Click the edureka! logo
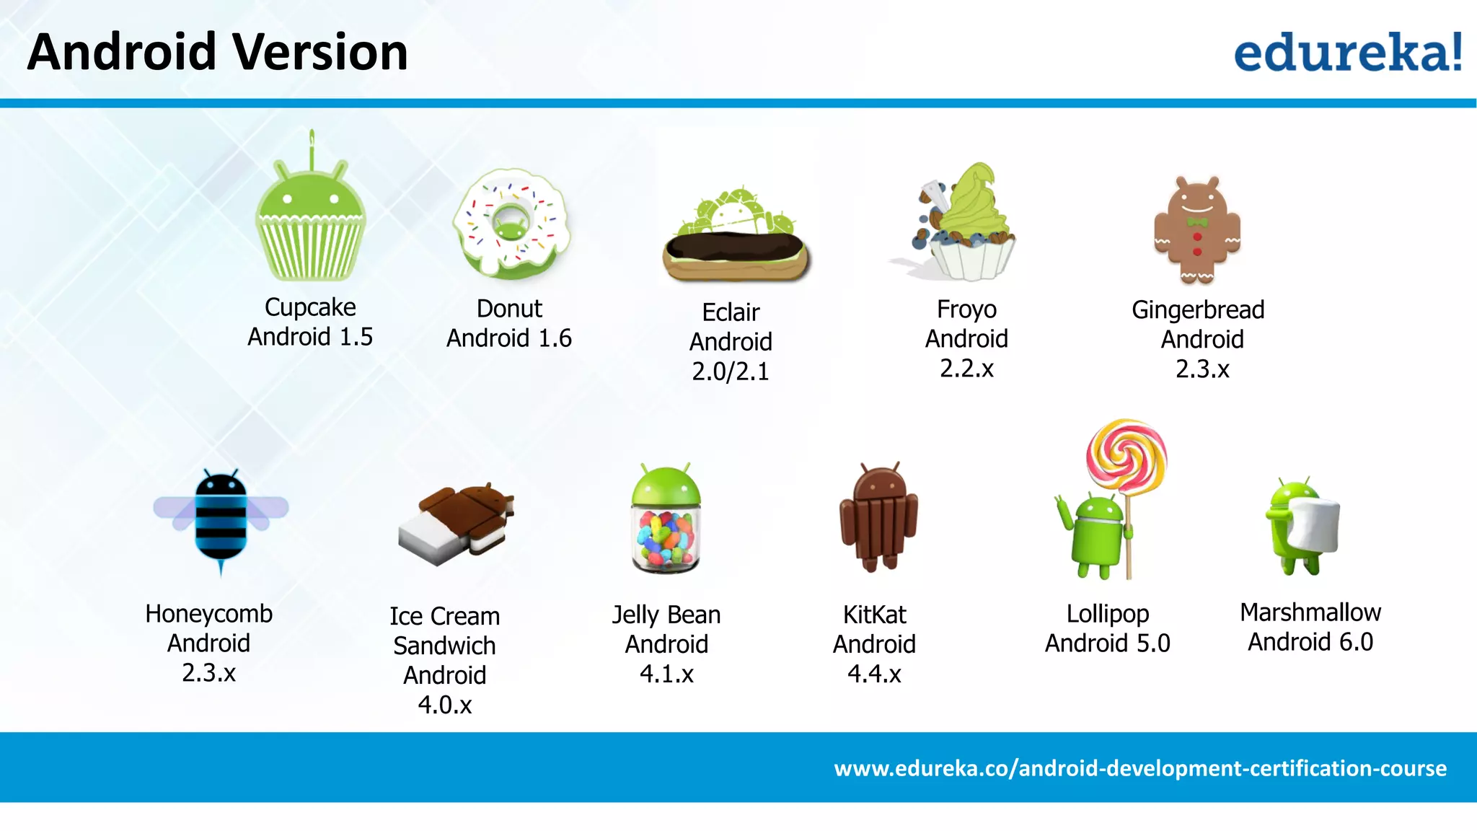tap(1347, 52)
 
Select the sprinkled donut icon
tap(511, 224)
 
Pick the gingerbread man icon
tap(1198, 229)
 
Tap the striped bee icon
tap(221, 516)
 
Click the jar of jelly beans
tap(666, 537)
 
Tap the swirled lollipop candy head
tap(1127, 454)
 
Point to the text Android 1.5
tap(310, 337)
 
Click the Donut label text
tap(509, 309)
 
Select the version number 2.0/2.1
tap(731, 371)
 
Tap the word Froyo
tap(966, 309)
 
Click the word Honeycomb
tap(209, 614)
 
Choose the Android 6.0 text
tap(1310, 642)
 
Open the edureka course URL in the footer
tap(1140, 768)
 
